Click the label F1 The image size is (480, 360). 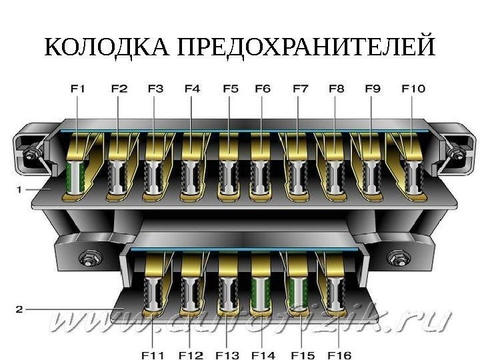pyautogui.click(x=78, y=88)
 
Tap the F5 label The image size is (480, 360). pyautogui.click(x=230, y=88)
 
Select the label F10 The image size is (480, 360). pyautogui.click(x=413, y=88)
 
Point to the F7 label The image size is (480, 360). pyautogui.click(x=301, y=88)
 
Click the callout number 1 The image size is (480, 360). pyautogui.click(x=19, y=189)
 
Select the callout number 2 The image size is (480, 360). pyautogui.click(x=19, y=309)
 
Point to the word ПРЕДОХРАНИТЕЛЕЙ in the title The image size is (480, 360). pyautogui.click(x=307, y=48)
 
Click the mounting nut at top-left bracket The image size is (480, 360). pyautogui.click(x=30, y=156)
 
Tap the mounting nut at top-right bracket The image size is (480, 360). pyautogui.click(x=456, y=156)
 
